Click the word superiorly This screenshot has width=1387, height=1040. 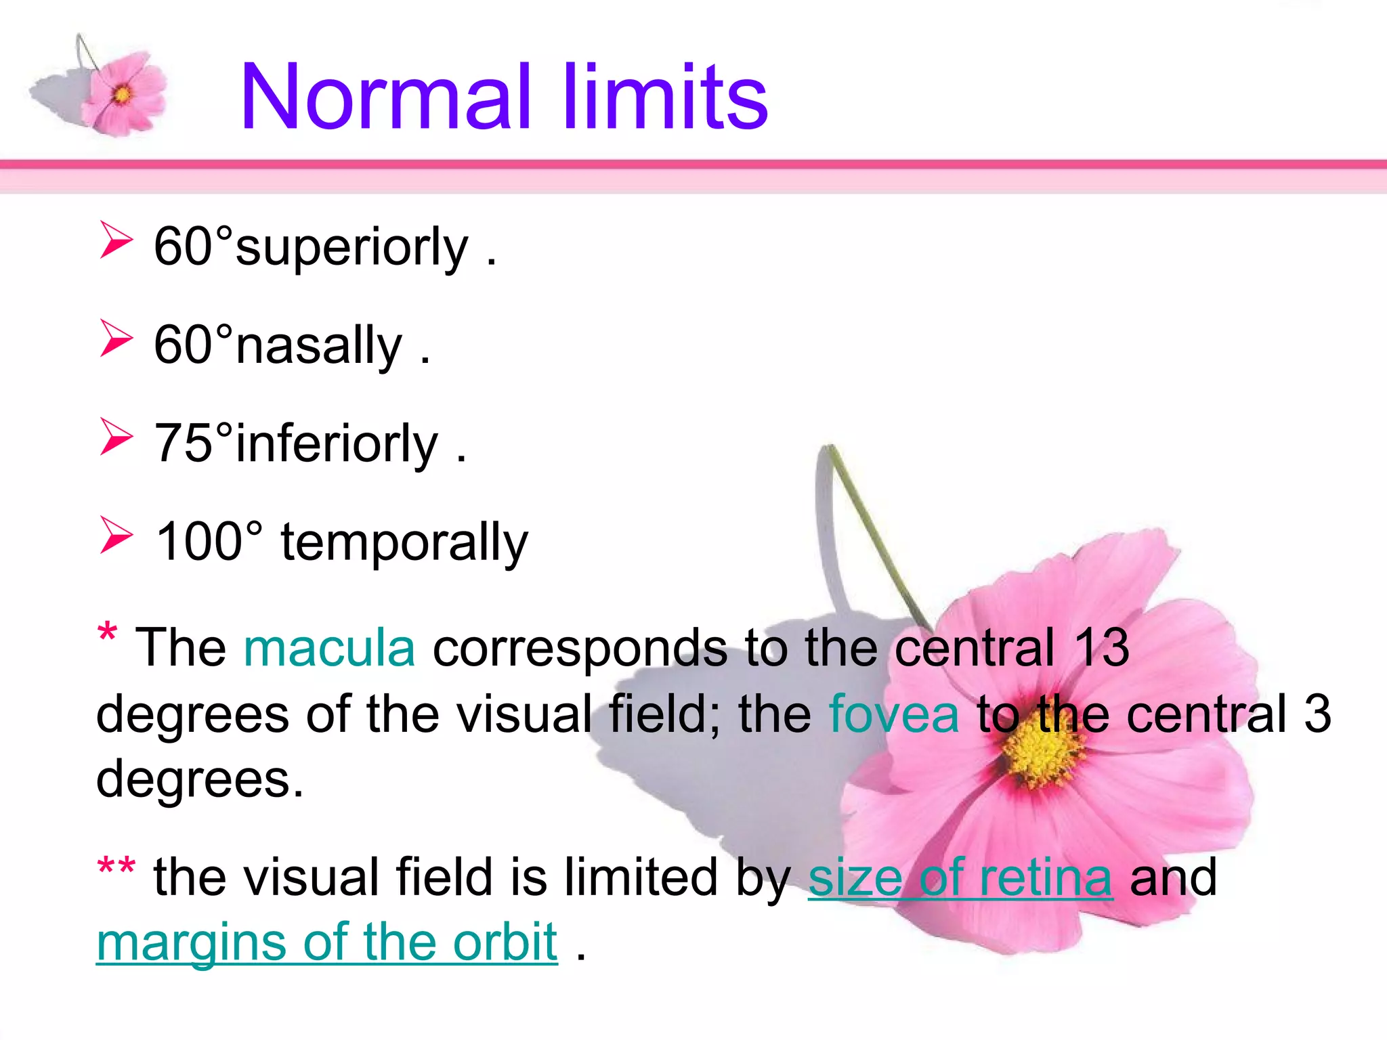point(352,247)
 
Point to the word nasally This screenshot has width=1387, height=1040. point(319,345)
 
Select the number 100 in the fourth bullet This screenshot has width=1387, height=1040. point(199,542)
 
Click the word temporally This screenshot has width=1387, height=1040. point(404,543)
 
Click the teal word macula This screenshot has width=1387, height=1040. point(329,648)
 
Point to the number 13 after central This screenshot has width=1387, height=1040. point(1102,648)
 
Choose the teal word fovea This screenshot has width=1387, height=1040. point(894,714)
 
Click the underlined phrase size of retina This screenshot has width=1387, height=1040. point(960,877)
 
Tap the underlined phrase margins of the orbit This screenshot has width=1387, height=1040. point(326,942)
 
